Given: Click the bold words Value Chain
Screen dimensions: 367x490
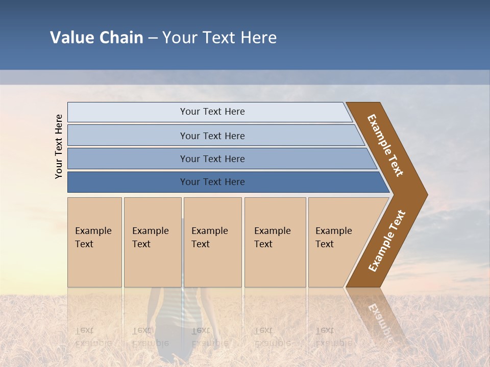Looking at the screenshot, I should click(96, 38).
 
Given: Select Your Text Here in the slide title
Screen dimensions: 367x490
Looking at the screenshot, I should click(219, 38).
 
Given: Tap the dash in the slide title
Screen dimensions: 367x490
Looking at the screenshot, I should click(153, 38).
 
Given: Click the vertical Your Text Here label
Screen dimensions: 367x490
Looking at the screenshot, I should click(59, 146).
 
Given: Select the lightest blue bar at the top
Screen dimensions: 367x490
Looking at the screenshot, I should click(212, 112).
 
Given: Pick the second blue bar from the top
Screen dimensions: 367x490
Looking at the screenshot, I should click(212, 136).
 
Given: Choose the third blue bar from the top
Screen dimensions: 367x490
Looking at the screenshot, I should click(212, 159).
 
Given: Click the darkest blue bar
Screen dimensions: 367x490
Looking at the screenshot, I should click(212, 182).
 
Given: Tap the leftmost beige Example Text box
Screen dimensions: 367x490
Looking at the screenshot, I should click(94, 242).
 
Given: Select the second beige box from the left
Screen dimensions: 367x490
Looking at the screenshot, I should click(152, 242).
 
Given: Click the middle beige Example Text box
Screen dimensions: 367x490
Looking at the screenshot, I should click(212, 242).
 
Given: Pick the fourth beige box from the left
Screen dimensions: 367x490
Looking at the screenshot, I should click(275, 242).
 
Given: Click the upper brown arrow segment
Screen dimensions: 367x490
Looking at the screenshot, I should click(385, 145).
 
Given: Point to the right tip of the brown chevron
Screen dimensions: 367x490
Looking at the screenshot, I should click(426, 194).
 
